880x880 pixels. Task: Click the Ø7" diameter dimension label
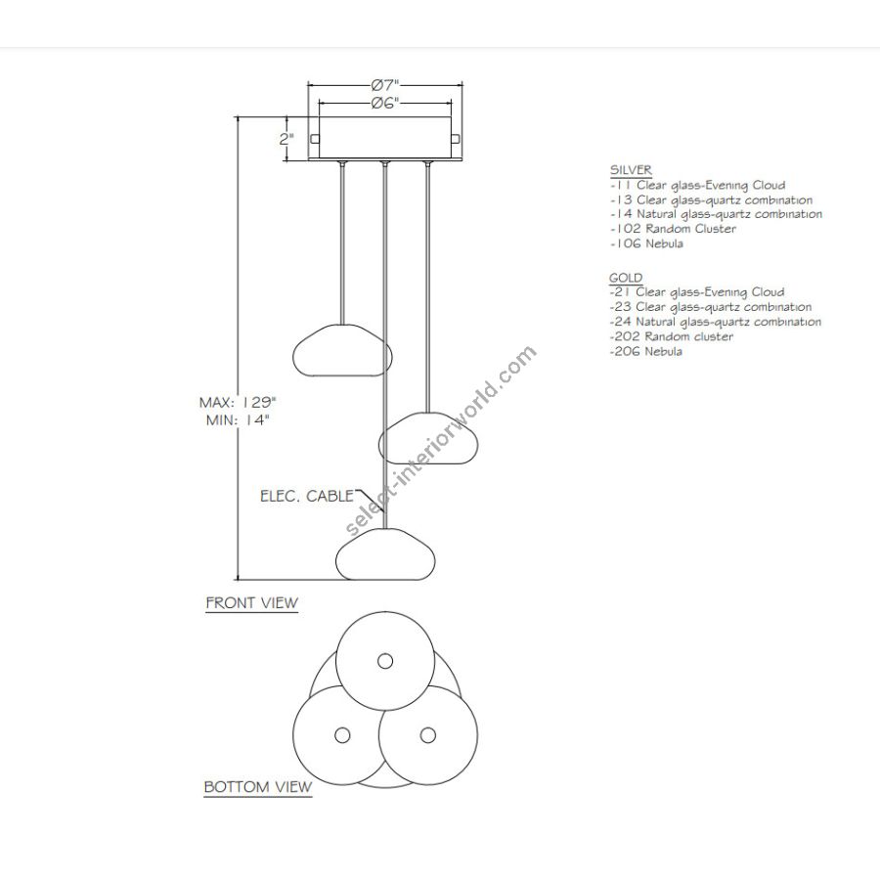click(385, 85)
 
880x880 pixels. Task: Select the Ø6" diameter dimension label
click(385, 104)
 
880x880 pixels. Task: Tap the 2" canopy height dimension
click(286, 139)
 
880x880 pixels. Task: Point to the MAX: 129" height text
click(238, 403)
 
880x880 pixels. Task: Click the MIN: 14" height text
click(238, 419)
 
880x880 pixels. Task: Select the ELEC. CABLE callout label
click(307, 496)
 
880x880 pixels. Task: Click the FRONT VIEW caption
click(251, 602)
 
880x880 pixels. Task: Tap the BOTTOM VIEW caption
click(257, 787)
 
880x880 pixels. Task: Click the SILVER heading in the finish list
click(631, 169)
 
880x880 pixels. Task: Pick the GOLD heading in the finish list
click(626, 278)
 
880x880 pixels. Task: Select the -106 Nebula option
click(646, 243)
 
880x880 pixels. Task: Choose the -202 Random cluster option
click(671, 336)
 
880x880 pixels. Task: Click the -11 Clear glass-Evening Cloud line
click(697, 185)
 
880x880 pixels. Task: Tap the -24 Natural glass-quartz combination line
click(715, 322)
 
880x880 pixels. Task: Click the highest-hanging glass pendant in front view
click(342, 350)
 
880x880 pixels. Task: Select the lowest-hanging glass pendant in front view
click(385, 554)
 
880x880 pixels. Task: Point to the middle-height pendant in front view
click(428, 438)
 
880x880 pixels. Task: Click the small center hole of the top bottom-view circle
click(385, 661)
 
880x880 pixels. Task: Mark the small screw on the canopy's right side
click(456, 139)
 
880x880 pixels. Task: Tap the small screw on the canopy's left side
click(315, 139)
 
